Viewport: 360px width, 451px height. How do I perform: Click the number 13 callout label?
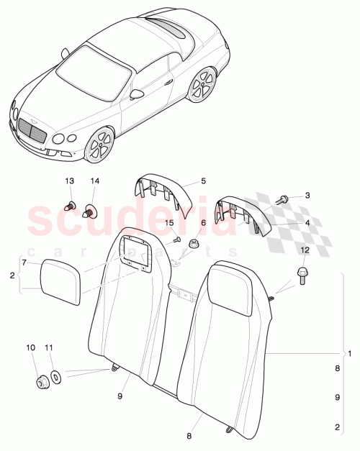[70, 181]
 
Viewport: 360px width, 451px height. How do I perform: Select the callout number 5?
[203, 182]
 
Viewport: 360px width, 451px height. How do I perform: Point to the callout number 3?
[307, 196]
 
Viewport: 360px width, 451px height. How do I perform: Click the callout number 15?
[170, 224]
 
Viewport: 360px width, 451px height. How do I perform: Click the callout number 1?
[350, 353]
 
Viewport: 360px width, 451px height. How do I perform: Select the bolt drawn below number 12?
[302, 275]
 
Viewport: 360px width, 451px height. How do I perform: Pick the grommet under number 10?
[41, 381]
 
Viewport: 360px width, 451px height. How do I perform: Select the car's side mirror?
[137, 94]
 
